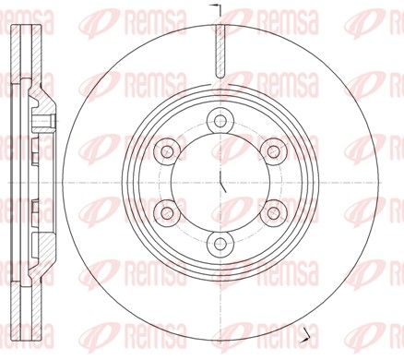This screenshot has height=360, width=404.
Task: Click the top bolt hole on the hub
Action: click(x=220, y=120)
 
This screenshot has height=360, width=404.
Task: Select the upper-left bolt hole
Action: click(x=167, y=151)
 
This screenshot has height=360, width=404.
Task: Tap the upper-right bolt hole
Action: click(x=273, y=151)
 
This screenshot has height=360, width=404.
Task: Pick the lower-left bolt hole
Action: click(x=167, y=212)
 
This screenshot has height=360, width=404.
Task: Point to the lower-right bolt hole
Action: click(x=273, y=212)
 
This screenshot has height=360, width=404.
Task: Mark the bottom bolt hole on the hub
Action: click(x=220, y=244)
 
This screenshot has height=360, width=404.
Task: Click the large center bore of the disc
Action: click(x=220, y=182)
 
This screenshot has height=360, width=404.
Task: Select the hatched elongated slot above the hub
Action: click(x=220, y=51)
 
